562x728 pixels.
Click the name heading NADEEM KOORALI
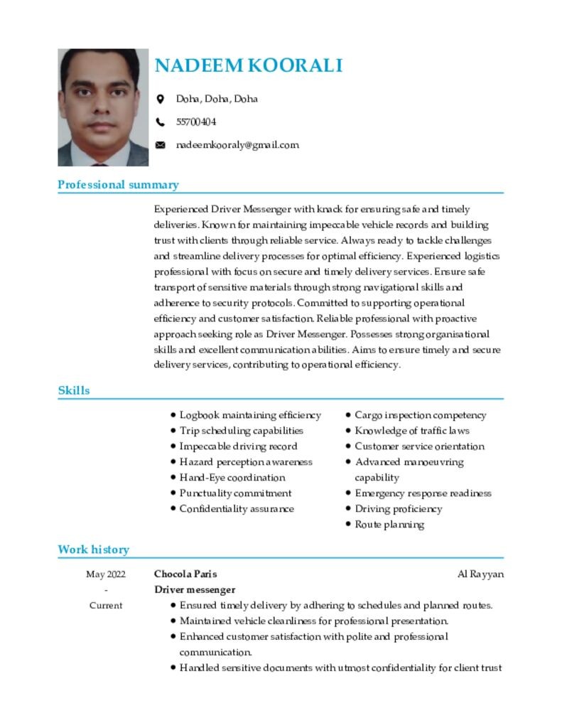coord(249,66)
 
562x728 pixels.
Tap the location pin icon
coord(161,99)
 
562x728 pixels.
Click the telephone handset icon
coord(161,122)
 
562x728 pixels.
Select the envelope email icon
coord(161,145)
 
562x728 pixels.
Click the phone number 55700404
coord(196,122)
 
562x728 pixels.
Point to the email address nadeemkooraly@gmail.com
coord(237,145)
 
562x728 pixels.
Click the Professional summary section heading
coord(118,185)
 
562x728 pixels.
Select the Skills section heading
coord(74,390)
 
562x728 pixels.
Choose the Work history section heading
coord(94,550)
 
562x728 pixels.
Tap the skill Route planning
coord(389,525)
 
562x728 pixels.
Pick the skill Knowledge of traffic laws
coord(412,431)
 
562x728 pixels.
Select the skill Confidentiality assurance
coord(237,509)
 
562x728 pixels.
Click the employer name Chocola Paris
coord(185,574)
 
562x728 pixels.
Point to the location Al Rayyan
coord(480,574)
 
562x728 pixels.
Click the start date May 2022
coord(106,574)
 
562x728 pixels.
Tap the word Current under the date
coord(106,606)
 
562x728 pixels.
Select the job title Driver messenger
coord(195,590)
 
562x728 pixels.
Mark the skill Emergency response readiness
coord(423,493)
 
